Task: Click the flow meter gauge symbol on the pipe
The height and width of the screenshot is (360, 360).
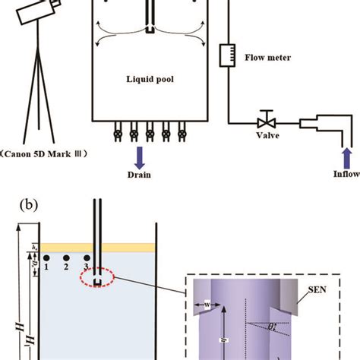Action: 224,55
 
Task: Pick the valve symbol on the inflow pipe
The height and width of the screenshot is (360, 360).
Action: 266,122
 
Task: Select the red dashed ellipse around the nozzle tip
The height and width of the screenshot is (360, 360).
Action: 99,278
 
